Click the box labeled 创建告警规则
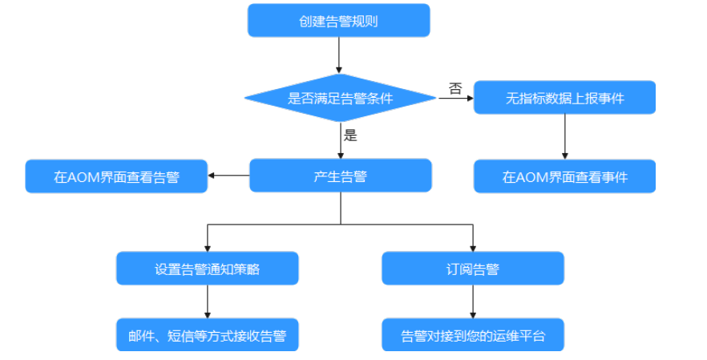tap(338, 21)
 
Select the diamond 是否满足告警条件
tap(340, 99)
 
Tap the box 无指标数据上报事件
tap(564, 99)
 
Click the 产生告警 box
tap(340, 176)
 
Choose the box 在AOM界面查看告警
tap(116, 176)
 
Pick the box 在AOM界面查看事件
tap(564, 176)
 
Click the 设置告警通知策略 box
tap(207, 269)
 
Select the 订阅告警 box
tap(472, 269)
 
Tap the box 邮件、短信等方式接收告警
tap(207, 335)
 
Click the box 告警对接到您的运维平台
tap(472, 335)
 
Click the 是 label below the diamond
tap(349, 135)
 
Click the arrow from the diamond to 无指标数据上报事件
tap(455, 99)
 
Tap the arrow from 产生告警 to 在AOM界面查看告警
tap(228, 176)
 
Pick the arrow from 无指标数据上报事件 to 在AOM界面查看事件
tap(565, 136)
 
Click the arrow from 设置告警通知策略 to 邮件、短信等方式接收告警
tap(207, 302)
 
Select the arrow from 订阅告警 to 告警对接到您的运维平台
tap(472, 302)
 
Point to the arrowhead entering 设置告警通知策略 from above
tap(207, 247)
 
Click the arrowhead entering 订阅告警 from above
tap(472, 247)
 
